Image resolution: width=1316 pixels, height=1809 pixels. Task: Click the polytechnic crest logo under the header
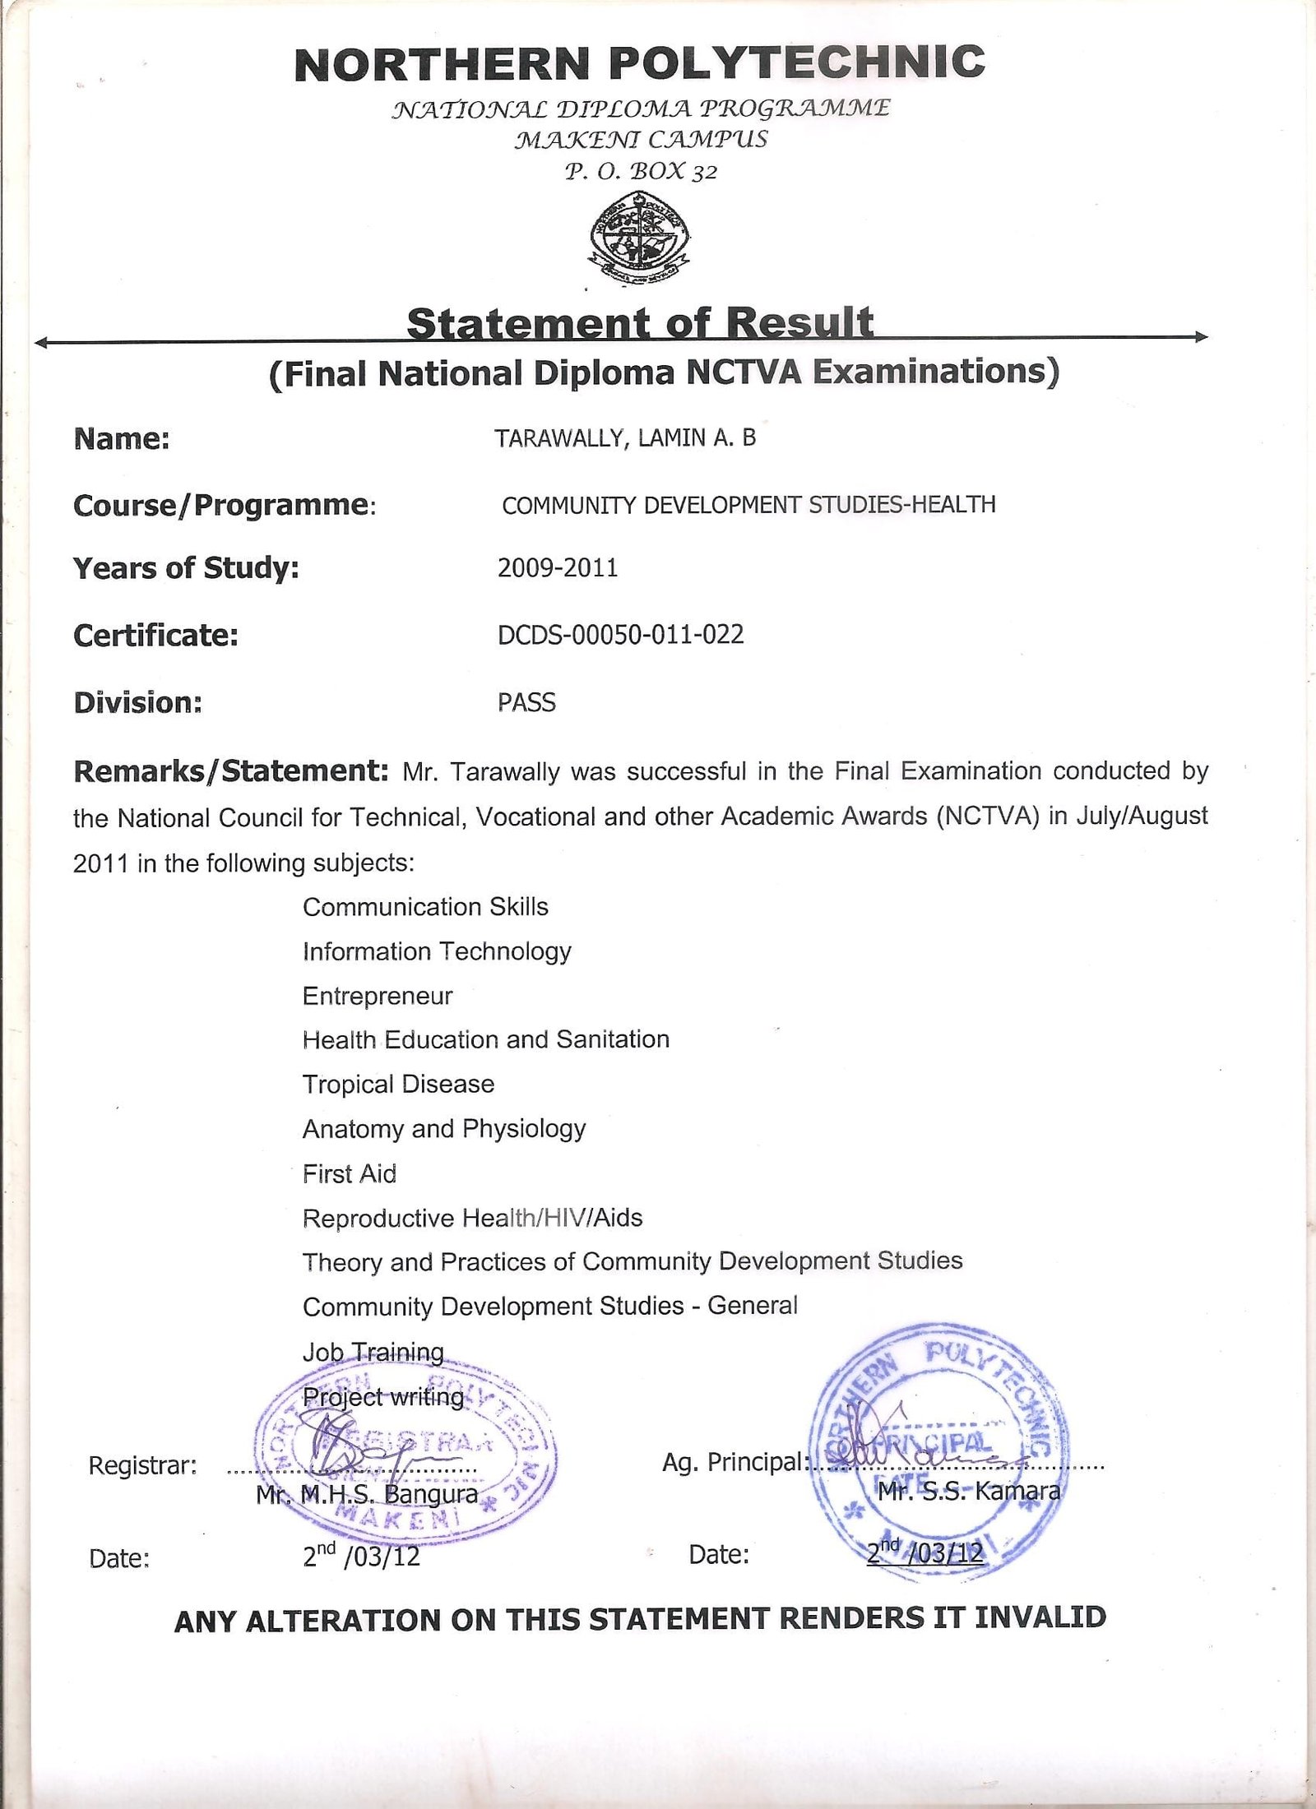pos(640,238)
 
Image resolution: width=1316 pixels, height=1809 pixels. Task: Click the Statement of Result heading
pos(640,323)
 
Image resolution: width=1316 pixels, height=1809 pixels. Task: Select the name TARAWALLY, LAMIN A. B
pos(625,438)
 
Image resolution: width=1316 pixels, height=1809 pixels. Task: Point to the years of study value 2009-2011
pos(558,568)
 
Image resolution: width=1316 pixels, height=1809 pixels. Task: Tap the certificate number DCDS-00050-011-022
pos(621,635)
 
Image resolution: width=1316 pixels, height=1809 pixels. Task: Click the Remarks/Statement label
pos(230,771)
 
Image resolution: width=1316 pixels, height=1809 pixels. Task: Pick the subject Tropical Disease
pos(398,1085)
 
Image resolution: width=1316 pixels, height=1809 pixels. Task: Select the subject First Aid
pos(350,1173)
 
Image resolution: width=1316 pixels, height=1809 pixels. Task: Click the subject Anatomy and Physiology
pos(444,1129)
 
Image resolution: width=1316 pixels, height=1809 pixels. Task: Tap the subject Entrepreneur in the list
pos(378,997)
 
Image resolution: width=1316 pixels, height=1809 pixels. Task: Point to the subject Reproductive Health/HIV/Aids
pos(472,1218)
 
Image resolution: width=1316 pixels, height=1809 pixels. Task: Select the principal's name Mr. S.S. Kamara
pos(969,1491)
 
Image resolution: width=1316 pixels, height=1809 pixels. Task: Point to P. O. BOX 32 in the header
pos(641,172)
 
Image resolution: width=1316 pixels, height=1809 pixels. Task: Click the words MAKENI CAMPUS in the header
pos(641,140)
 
